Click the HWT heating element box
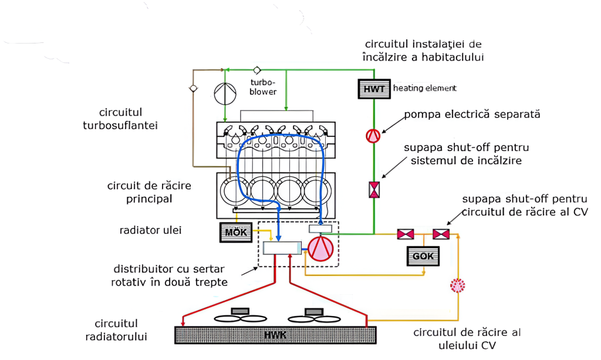click(x=374, y=89)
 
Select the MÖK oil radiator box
click(x=236, y=233)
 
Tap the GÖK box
click(x=423, y=256)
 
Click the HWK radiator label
click(x=275, y=335)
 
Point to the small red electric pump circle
click(x=373, y=136)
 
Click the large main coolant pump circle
click(x=321, y=249)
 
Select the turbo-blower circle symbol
click(x=225, y=94)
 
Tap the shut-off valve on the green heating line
click(x=374, y=190)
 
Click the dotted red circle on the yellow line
click(x=458, y=285)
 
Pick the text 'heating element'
click(x=425, y=88)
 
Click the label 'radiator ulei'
click(x=151, y=230)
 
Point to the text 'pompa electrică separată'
click(x=472, y=115)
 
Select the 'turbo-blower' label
click(x=263, y=88)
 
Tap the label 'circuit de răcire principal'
click(x=149, y=192)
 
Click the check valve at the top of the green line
click(x=257, y=70)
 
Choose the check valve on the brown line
click(x=193, y=89)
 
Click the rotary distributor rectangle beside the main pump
click(x=282, y=248)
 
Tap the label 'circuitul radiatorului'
click(x=116, y=330)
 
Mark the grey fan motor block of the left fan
click(x=240, y=311)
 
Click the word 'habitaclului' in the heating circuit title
click(x=453, y=57)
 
